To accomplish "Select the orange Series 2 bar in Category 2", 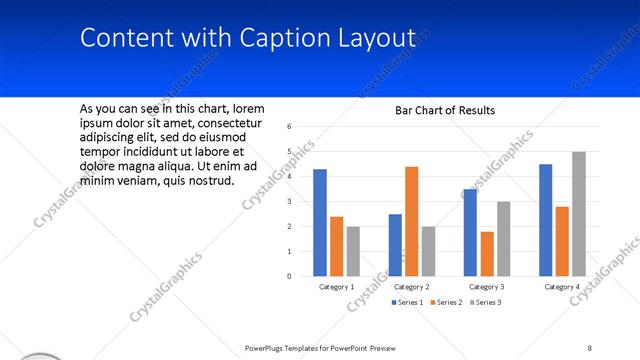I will [411, 221].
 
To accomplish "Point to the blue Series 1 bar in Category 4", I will [545, 220].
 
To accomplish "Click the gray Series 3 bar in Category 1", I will [353, 250].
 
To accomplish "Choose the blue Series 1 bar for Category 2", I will [395, 244].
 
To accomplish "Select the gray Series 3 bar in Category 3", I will [504, 238].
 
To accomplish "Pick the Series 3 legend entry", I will [486, 302].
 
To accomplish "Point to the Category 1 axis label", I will [337, 287].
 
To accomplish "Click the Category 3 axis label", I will [487, 287].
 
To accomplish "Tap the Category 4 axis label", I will [562, 287].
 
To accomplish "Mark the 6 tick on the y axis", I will [288, 127].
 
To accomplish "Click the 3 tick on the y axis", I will [288, 201].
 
